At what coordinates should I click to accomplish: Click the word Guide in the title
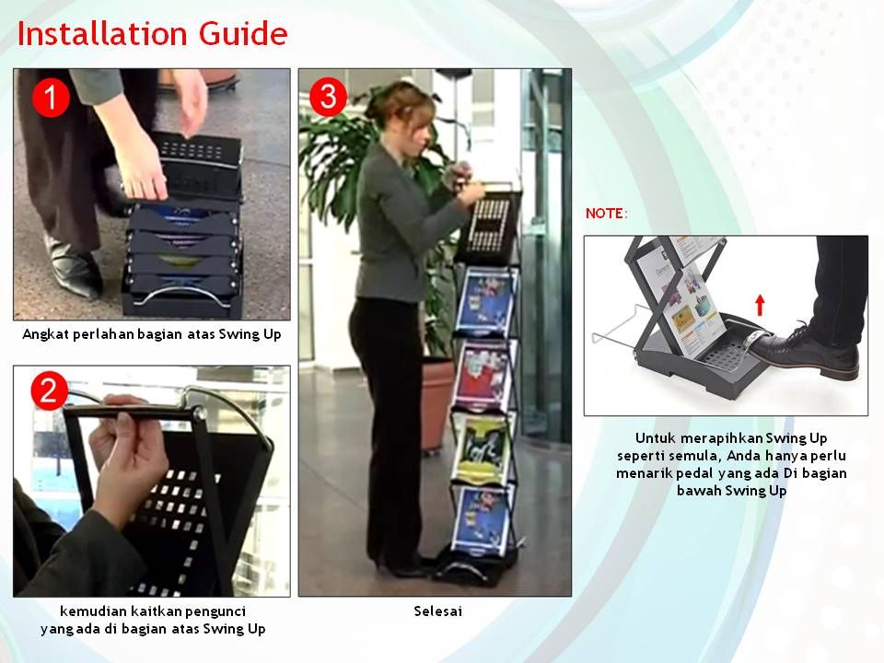[243, 34]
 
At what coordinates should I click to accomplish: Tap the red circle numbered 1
[51, 98]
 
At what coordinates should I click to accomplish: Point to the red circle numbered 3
[329, 97]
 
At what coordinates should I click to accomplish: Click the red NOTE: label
[607, 214]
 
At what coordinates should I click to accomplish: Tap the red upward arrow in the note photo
[760, 305]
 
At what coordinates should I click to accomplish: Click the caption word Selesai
[437, 611]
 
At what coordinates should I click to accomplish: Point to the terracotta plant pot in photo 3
[436, 403]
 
